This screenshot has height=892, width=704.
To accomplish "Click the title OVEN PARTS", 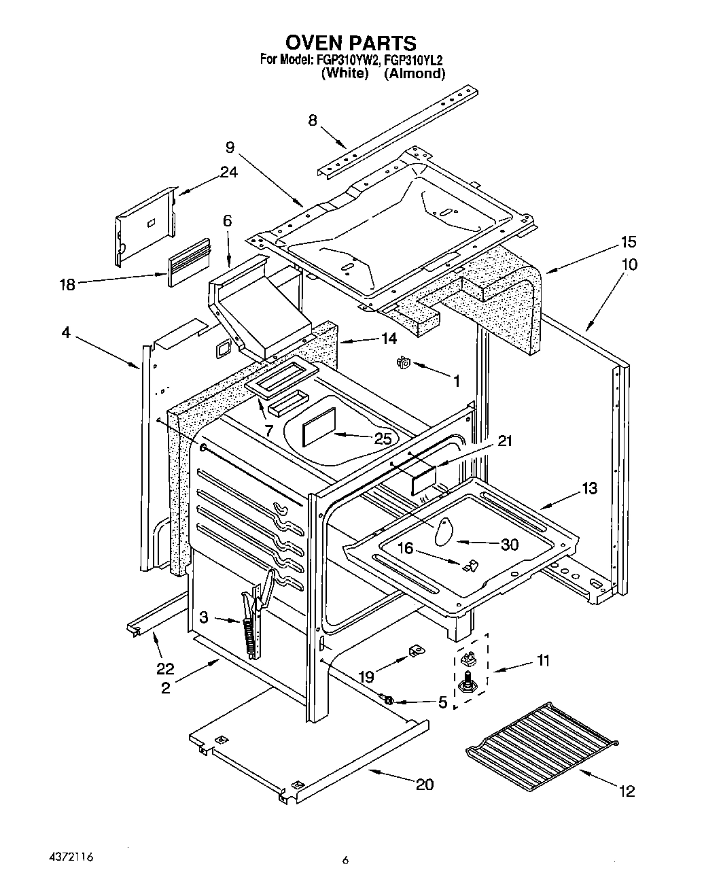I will point(351,44).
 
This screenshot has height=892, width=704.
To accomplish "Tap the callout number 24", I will point(228,172).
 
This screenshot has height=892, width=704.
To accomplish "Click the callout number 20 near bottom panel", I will point(424,784).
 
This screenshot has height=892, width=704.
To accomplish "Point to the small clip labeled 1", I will point(402,364).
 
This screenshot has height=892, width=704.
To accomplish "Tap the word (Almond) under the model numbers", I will point(415,73).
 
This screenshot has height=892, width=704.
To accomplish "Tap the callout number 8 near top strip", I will point(313,120).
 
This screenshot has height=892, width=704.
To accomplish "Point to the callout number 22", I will point(165,668).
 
